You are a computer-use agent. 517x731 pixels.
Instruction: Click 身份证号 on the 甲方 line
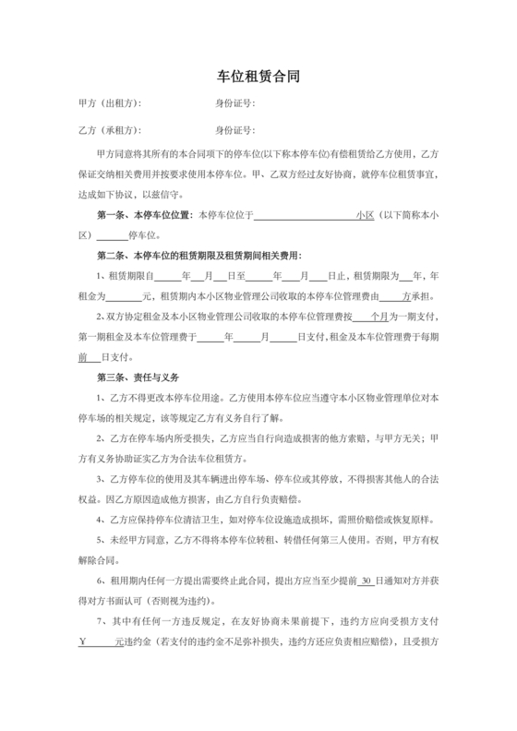click(234, 103)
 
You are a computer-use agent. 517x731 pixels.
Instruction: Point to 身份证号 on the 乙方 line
click(234, 130)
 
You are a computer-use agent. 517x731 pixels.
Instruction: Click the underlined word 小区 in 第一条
click(364, 215)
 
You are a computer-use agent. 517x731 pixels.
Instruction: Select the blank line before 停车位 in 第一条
click(112, 234)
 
